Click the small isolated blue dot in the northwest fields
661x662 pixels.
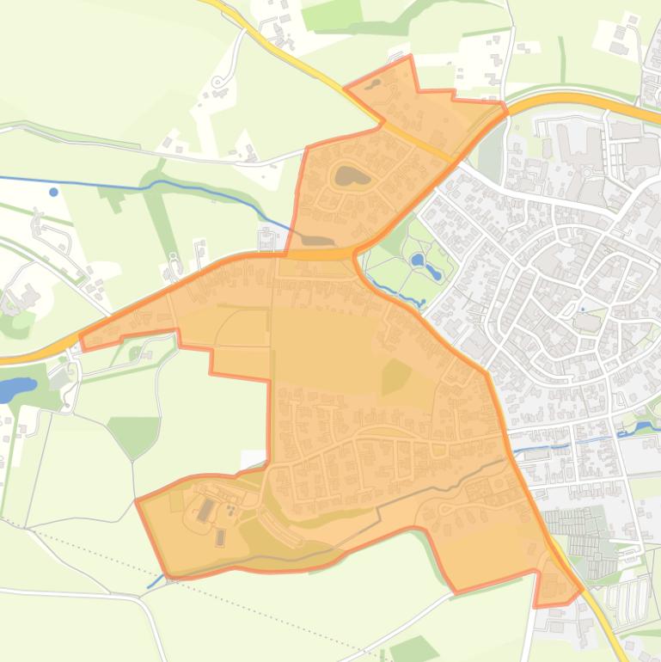pyautogui.click(x=54, y=192)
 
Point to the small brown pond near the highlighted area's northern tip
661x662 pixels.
pyautogui.click(x=375, y=83)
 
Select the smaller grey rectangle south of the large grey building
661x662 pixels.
pyautogui.click(x=219, y=537)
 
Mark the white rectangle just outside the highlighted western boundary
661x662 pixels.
pyautogui.click(x=254, y=459)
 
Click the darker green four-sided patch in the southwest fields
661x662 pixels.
pyautogui.click(x=134, y=434)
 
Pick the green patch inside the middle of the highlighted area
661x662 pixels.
pyautogui.click(x=395, y=376)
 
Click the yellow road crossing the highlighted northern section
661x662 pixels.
pyautogui.click(x=413, y=142)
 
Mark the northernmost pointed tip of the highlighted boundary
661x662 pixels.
pyautogui.click(x=411, y=57)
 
